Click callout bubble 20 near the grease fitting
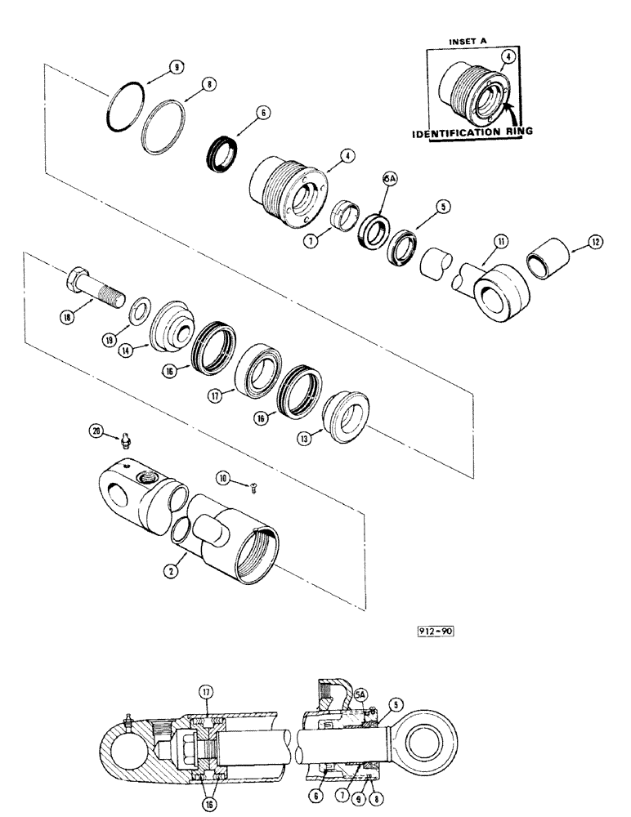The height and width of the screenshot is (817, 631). pos(97,435)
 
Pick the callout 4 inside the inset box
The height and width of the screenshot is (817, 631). pos(508,57)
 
